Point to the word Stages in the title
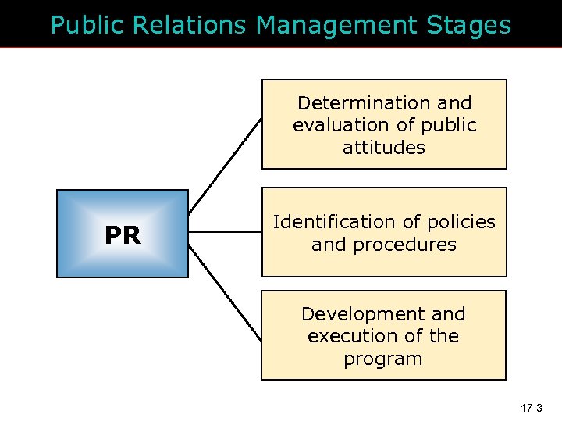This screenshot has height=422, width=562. (469, 26)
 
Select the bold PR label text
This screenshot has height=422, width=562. (123, 235)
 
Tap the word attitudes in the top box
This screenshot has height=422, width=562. (383, 147)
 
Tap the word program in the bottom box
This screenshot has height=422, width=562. (383, 359)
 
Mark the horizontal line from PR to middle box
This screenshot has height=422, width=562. (225, 232)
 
